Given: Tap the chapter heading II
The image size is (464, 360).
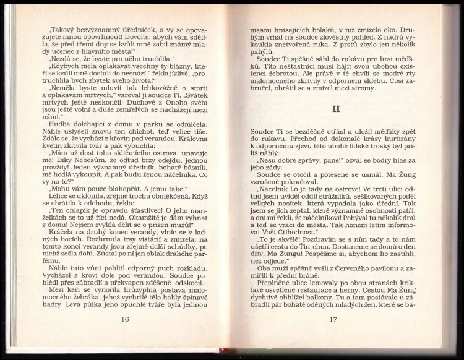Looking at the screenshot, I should (332, 111).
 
